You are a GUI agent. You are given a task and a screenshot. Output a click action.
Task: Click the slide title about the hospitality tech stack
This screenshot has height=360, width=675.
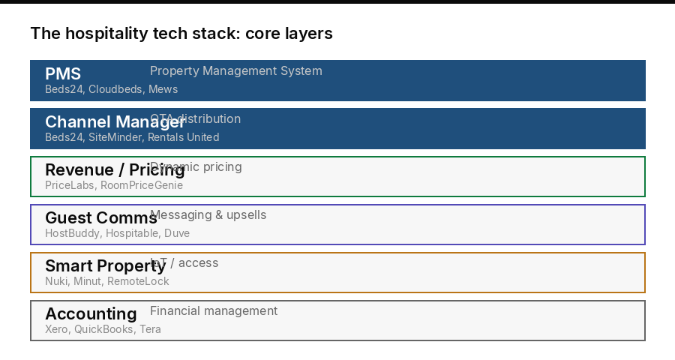tap(181, 34)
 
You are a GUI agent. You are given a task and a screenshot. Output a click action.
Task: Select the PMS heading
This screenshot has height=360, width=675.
tap(63, 73)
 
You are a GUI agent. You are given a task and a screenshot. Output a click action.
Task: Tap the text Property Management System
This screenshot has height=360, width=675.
tap(236, 71)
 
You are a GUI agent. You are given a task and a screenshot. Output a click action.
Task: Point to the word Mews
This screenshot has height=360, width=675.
tap(163, 89)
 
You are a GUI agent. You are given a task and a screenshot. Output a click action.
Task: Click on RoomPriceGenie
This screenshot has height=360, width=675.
tap(142, 185)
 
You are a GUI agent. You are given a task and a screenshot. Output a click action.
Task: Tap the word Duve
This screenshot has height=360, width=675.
tap(177, 233)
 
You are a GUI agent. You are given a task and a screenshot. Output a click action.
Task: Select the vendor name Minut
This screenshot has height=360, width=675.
tap(87, 281)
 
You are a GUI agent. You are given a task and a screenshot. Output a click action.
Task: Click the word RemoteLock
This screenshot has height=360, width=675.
tap(139, 281)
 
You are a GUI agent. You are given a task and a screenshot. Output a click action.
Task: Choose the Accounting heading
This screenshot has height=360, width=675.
tap(91, 313)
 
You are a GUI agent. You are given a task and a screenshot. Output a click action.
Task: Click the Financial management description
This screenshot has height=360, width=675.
tap(214, 311)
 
